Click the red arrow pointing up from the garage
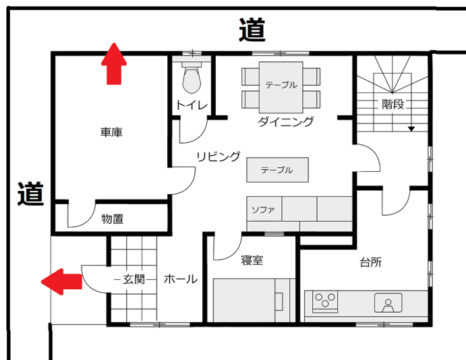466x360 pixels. (x=114, y=64)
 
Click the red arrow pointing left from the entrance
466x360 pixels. (x=61, y=282)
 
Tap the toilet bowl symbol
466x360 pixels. (x=192, y=78)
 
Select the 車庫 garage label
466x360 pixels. (x=111, y=132)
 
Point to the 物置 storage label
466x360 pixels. (x=113, y=219)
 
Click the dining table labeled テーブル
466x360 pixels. (x=281, y=87)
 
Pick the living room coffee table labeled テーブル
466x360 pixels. (x=277, y=170)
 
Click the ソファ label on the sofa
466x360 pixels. (x=263, y=210)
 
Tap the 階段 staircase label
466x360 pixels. (x=393, y=104)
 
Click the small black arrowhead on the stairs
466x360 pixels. (x=411, y=129)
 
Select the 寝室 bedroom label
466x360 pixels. (x=252, y=260)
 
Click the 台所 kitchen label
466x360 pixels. (x=370, y=262)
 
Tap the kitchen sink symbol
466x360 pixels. (x=388, y=303)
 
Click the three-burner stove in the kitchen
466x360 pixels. (x=325, y=301)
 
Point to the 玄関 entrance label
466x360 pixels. (x=134, y=279)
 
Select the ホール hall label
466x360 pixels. (x=181, y=279)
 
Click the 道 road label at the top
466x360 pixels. (x=252, y=30)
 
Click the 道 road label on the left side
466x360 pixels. (x=30, y=193)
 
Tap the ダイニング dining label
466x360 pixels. (x=285, y=122)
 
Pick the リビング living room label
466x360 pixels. (x=219, y=156)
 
